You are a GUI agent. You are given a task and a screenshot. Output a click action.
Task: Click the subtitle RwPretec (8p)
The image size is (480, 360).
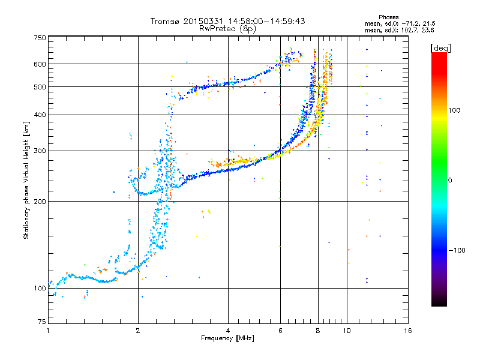pos(227,29)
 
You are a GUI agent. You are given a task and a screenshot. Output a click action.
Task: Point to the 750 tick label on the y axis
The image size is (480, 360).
pos(40,38)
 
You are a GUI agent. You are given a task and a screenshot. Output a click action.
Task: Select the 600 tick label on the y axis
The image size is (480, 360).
pos(40,64)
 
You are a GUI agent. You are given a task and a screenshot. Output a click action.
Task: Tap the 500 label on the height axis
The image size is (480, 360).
pos(40,87)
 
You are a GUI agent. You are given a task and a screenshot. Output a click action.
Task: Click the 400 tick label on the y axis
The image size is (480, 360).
pos(40,115)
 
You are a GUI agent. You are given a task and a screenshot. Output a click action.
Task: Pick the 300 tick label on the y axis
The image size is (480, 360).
pos(40,151)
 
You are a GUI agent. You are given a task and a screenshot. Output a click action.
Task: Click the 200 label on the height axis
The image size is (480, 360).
pos(40,202)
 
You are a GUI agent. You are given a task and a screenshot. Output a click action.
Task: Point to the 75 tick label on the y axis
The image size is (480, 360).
pos(42,322)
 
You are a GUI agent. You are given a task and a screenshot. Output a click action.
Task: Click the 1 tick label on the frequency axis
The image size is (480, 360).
pos(48,331)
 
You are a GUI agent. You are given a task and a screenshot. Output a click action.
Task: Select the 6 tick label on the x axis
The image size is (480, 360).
pos(280,331)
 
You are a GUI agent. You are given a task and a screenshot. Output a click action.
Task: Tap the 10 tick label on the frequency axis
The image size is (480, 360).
pos(347,331)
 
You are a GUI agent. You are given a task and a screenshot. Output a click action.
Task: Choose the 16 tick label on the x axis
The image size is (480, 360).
pos(408,331)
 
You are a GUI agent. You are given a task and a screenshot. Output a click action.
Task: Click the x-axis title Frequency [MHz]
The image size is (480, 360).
pos(228,338)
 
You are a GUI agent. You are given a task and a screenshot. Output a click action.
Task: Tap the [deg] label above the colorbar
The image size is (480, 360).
pos(440,48)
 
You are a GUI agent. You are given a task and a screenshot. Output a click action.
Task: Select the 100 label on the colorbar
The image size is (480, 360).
pos(454,110)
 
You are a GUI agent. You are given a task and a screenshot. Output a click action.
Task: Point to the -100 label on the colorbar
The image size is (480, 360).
pos(457,250)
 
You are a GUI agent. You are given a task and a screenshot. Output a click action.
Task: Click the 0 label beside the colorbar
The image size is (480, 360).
pos(450,181)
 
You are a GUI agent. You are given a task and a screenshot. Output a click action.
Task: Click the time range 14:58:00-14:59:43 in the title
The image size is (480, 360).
pos(266,21)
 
